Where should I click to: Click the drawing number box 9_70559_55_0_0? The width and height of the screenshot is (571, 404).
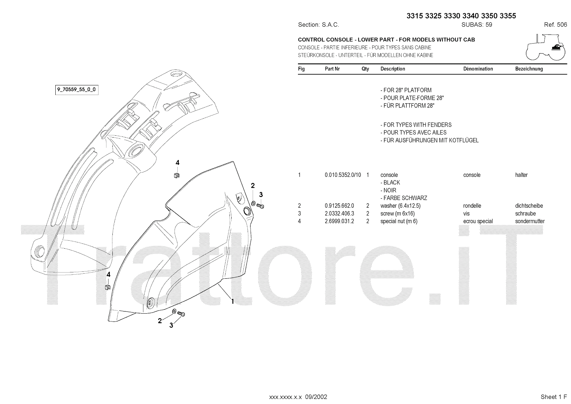coord(77,89)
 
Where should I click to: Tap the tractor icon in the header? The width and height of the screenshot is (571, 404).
coord(546,47)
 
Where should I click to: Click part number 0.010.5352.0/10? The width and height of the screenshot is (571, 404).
coord(343,175)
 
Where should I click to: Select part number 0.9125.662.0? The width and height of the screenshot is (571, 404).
coord(339,206)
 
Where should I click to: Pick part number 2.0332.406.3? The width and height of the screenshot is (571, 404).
coord(339,214)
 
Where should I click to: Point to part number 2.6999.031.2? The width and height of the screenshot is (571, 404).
coord(339,221)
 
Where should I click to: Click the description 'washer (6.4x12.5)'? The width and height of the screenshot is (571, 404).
coord(400,206)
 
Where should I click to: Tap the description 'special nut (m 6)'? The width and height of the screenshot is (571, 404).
coord(399,221)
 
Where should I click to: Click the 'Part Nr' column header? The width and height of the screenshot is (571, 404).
coord(332,69)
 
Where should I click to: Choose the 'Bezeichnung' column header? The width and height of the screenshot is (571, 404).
coord(529,69)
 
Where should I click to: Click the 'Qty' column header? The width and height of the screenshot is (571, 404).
coord(365,69)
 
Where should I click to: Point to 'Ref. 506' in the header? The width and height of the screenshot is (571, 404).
coord(555,25)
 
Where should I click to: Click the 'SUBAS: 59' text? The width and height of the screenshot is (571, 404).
coord(477,25)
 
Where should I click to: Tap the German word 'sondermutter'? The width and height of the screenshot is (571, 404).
coord(530,221)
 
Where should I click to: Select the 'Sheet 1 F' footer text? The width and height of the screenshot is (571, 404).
coord(554,397)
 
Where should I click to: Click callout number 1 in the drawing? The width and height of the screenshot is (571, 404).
coord(232,301)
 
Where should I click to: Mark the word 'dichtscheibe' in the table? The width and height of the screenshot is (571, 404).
coord(529,206)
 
